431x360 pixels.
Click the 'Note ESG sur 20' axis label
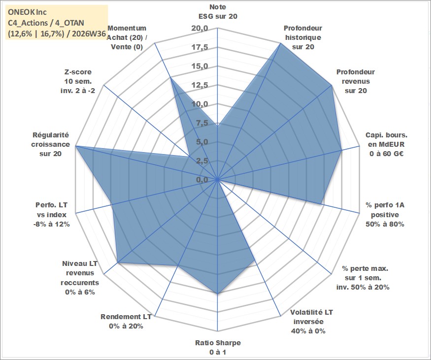(x=218, y=11)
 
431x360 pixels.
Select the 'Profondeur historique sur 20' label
(x=303, y=37)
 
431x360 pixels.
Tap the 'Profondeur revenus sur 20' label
(x=356, y=81)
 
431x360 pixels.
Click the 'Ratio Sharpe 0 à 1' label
(x=218, y=347)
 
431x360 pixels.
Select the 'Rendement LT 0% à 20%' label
(x=126, y=321)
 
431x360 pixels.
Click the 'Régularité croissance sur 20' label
(x=51, y=144)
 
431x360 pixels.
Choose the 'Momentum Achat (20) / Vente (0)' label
(x=127, y=37)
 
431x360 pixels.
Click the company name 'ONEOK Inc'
(x=27, y=12)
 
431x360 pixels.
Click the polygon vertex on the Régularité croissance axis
(x=76, y=146)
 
